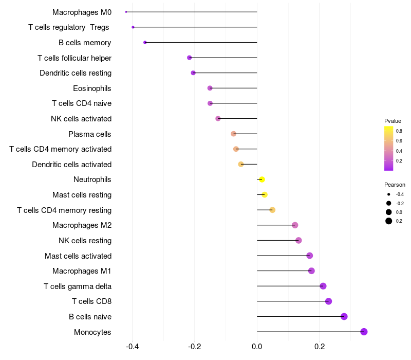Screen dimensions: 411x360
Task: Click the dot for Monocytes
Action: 364,332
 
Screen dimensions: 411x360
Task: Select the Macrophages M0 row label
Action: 82,12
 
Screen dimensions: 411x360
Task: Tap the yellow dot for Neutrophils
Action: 262,179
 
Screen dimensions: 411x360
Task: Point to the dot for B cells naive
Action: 344,316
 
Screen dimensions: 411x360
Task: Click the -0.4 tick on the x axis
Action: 132,347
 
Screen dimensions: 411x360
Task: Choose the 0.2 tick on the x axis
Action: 319,347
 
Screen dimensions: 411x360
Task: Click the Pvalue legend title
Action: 393,121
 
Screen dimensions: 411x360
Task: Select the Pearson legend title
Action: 395,185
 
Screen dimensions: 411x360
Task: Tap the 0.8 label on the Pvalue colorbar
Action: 399,131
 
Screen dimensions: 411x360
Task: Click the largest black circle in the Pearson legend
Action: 388,221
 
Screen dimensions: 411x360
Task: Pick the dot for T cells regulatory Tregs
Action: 133,27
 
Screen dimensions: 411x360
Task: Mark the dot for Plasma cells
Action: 233,134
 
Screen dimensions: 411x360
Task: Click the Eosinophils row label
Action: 92,88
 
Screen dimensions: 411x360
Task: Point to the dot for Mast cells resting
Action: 265,195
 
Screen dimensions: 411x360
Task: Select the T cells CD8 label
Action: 92,301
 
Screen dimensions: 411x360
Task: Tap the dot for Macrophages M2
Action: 295,225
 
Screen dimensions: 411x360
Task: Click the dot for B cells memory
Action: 145,42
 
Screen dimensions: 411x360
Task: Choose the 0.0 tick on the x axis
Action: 257,347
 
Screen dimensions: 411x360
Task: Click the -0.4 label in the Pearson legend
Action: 400,194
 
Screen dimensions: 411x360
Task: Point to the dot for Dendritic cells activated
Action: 240,164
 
